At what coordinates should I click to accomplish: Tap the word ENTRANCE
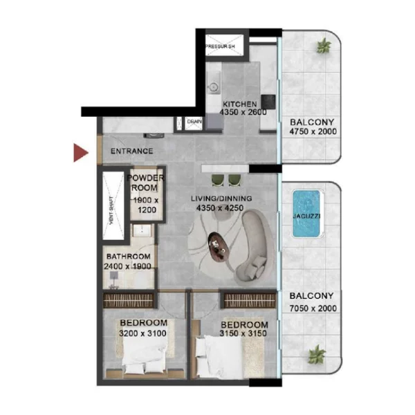point(132,151)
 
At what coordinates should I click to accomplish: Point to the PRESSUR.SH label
point(220,46)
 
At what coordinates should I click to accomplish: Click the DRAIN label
point(194,123)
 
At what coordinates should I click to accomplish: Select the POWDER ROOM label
point(146,183)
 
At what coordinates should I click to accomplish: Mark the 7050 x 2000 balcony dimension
point(313,306)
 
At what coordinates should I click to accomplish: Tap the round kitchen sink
point(214,87)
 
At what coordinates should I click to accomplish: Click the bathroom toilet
point(115,277)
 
